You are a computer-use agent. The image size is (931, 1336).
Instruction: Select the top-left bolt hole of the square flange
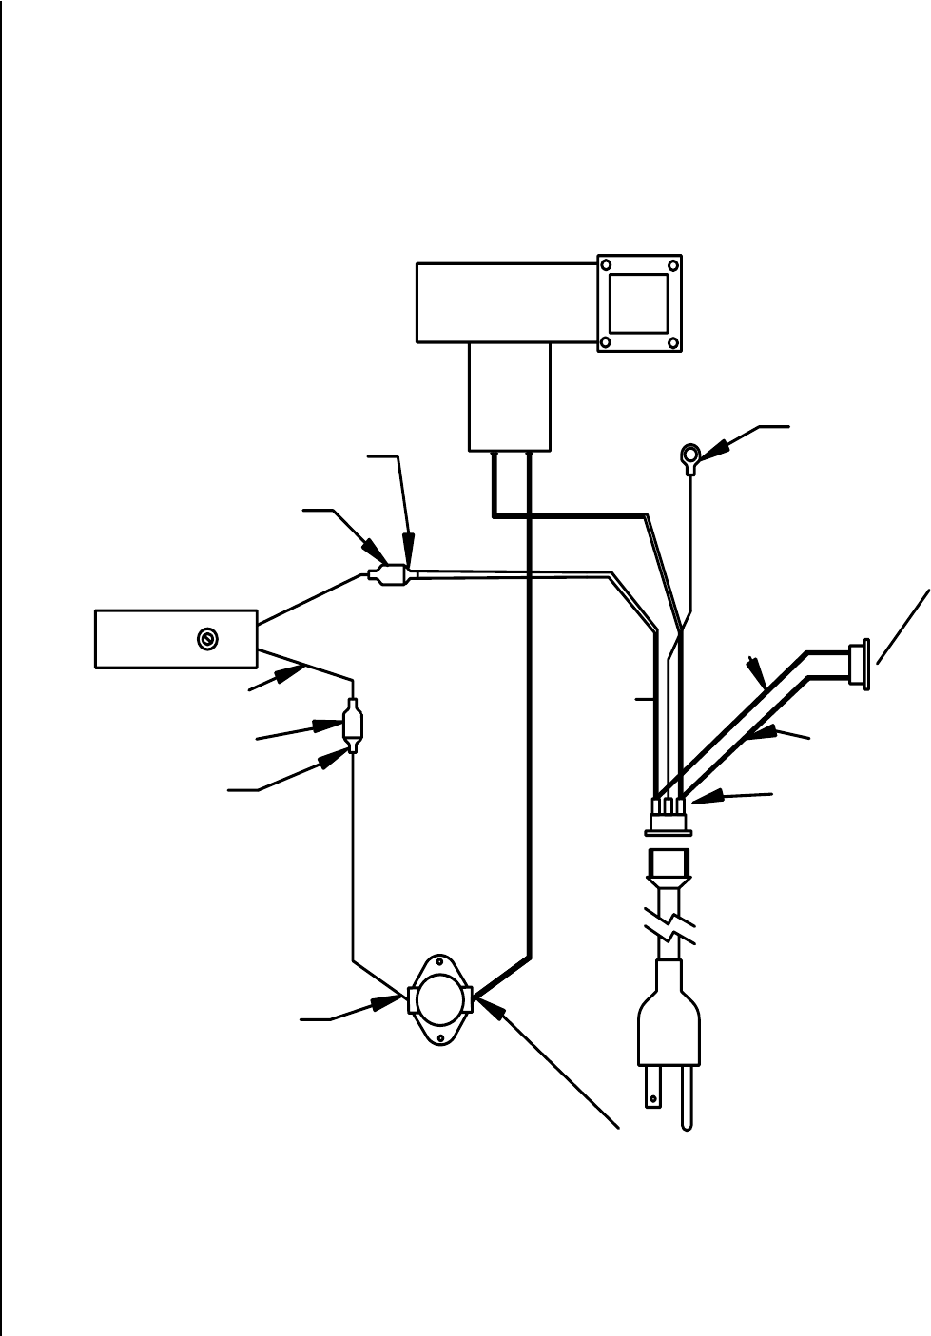coord(605,263)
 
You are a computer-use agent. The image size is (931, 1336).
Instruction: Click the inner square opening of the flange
coord(638,302)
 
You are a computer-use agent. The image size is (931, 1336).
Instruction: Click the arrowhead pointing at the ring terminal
coord(719,445)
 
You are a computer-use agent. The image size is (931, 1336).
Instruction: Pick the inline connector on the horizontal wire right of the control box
coord(391,575)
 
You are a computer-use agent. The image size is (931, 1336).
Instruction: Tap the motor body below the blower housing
coord(511,396)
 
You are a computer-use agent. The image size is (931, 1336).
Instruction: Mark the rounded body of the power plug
coord(669,1019)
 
